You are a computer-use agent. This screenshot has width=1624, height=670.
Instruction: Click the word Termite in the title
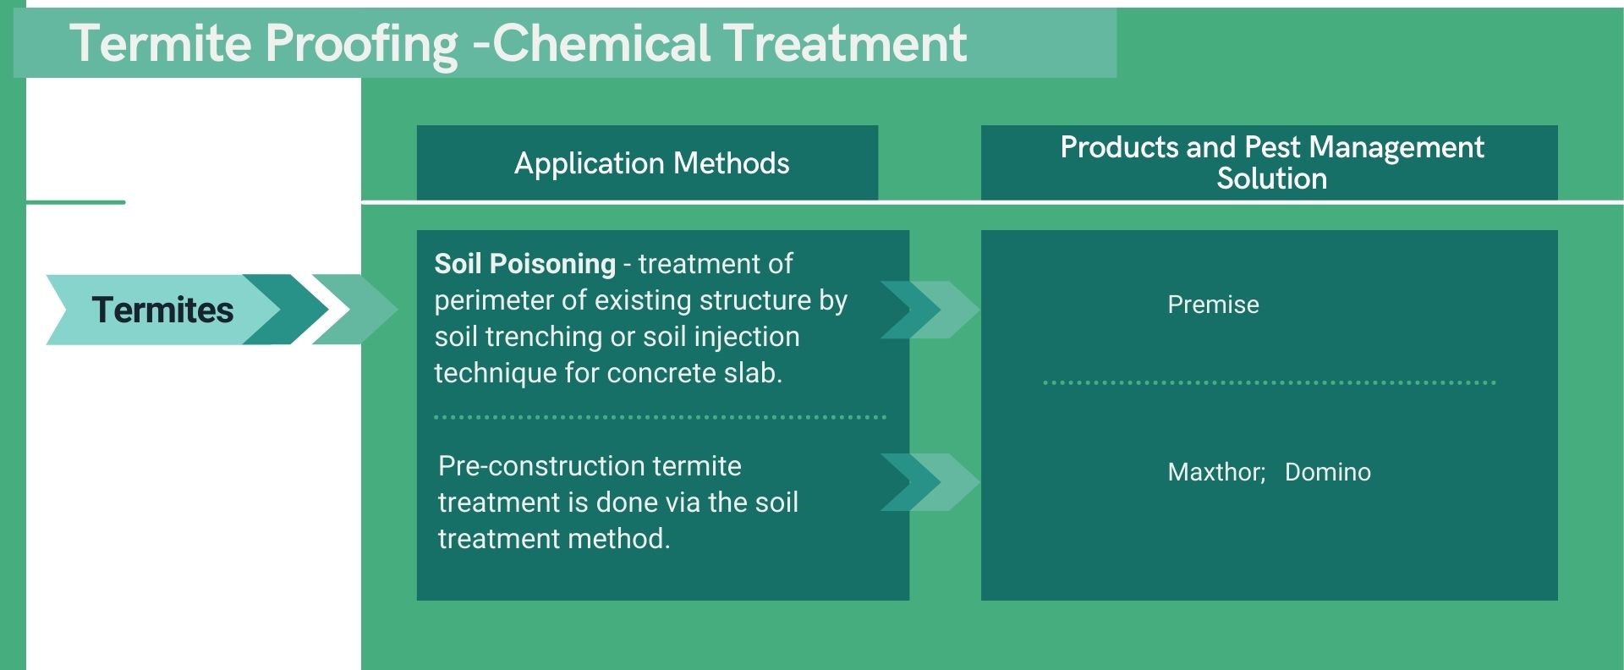pyautogui.click(x=162, y=43)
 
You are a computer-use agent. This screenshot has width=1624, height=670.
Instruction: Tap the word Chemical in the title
pyautogui.click(x=601, y=43)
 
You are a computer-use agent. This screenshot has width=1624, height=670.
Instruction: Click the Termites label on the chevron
pyautogui.click(x=162, y=310)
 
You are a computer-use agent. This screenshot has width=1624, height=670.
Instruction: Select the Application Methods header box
pyautogui.click(x=647, y=162)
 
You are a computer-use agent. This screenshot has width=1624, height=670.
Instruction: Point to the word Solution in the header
pyautogui.click(x=1271, y=178)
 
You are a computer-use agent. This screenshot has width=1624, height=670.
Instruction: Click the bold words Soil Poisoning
pyautogui.click(x=524, y=264)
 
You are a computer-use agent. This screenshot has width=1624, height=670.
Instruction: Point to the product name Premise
pyautogui.click(x=1213, y=305)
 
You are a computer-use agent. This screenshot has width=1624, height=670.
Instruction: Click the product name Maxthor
pyautogui.click(x=1215, y=472)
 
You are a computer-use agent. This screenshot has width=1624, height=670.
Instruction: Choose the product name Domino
pyautogui.click(x=1327, y=472)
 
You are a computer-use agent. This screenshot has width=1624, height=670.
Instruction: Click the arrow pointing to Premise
pyautogui.click(x=929, y=310)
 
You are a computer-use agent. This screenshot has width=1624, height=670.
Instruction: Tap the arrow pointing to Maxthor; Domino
pyautogui.click(x=929, y=482)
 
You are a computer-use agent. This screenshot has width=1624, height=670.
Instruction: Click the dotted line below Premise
pyautogui.click(x=1269, y=382)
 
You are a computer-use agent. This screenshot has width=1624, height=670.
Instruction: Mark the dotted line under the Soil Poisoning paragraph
pyautogui.click(x=660, y=417)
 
